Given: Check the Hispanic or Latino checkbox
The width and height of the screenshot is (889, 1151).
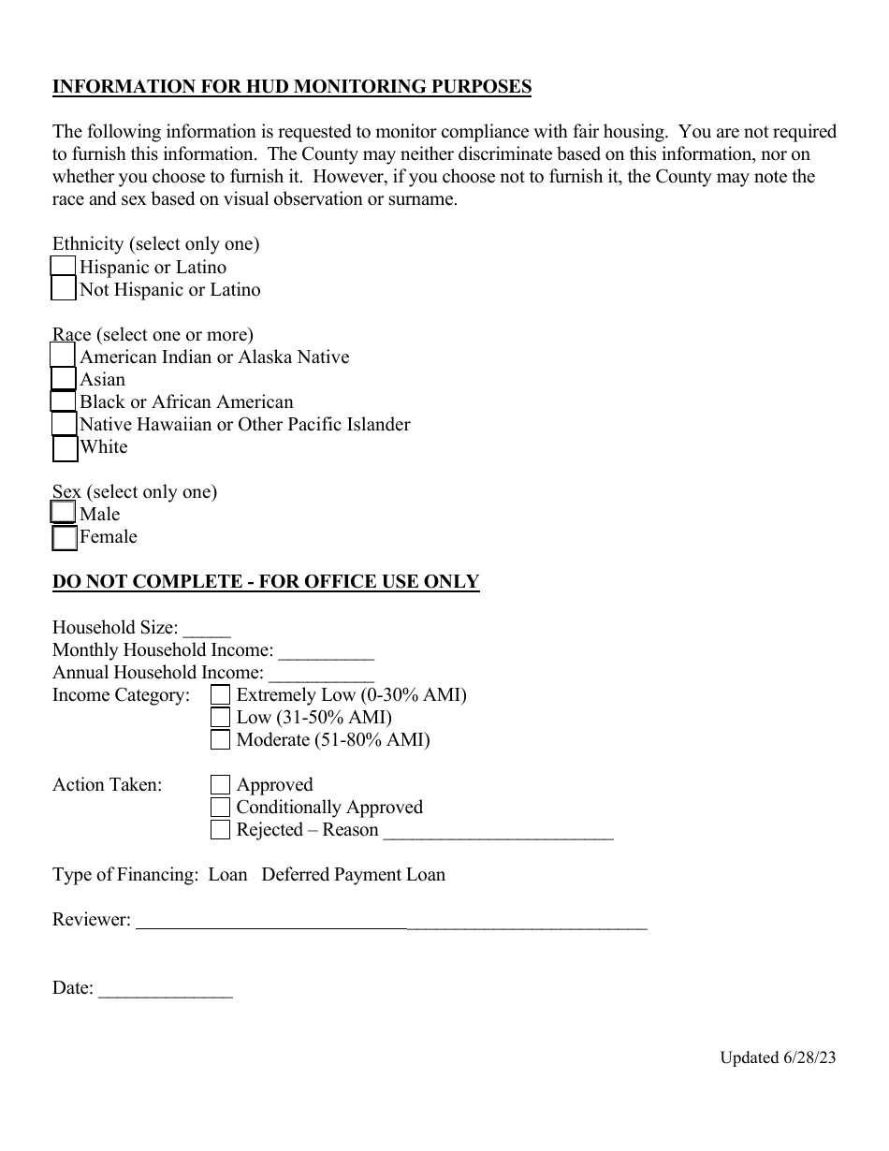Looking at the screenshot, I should point(63,267).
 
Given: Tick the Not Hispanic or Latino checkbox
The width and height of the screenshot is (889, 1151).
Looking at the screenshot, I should point(63,289).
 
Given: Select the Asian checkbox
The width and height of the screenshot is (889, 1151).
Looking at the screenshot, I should point(63,379).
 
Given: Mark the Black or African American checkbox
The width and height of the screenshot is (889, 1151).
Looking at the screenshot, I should point(63,401).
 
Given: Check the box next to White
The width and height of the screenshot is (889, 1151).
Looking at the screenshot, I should point(65,448).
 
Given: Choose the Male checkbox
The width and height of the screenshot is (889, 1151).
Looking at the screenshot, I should point(63,513).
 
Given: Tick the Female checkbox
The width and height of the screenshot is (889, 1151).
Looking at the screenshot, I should point(65,537).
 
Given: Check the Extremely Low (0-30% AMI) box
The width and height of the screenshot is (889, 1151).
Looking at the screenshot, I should point(220,694).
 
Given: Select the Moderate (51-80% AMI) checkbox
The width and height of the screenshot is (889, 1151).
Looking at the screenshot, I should point(220,739).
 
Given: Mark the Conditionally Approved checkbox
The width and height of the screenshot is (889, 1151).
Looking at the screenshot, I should point(220,807).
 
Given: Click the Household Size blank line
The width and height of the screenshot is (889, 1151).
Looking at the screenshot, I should point(207,631).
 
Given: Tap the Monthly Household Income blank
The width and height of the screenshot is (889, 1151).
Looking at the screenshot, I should point(326,653).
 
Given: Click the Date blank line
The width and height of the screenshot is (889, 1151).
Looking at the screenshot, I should point(165,992).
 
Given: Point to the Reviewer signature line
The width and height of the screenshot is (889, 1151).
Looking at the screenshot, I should point(391,923).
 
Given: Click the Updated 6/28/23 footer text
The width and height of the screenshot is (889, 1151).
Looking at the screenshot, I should point(777,1057).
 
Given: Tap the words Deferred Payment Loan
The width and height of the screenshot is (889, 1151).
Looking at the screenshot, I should point(353,875).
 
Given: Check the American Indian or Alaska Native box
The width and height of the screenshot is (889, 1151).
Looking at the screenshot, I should point(63,356).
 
